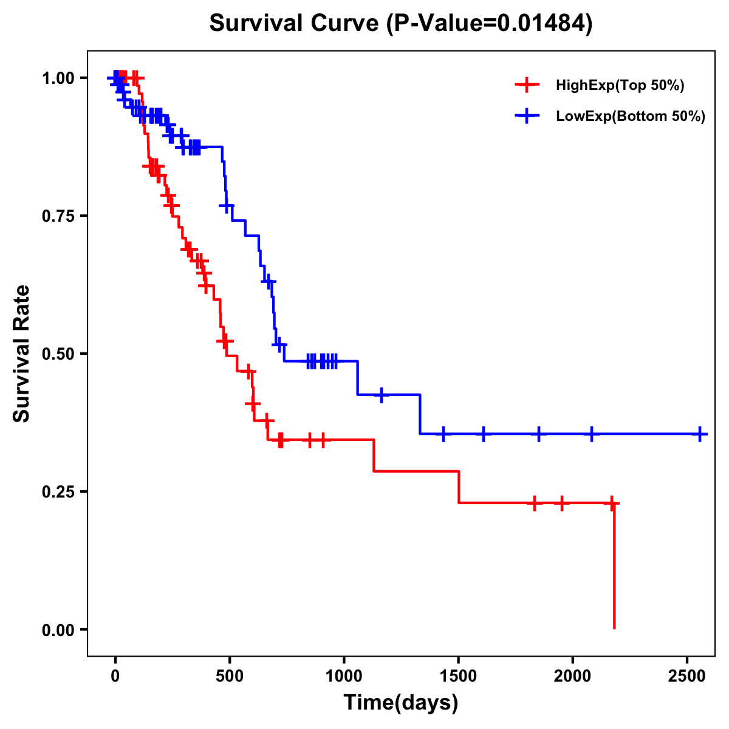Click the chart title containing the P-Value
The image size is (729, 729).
pos(400,23)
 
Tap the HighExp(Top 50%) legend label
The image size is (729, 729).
pos(620,86)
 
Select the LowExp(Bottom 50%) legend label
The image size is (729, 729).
pos(631,117)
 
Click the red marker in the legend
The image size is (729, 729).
pos(527,86)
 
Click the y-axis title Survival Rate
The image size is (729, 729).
pos(22,353)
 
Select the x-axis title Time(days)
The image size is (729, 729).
pos(401,703)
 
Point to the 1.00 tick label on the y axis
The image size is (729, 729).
pos(58,78)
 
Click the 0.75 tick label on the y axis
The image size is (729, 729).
pos(58,216)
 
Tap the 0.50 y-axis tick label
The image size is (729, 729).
pos(58,354)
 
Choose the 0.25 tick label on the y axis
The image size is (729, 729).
pos(58,492)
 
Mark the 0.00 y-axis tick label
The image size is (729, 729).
pos(58,630)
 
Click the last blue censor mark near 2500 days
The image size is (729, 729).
pos(700,434)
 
